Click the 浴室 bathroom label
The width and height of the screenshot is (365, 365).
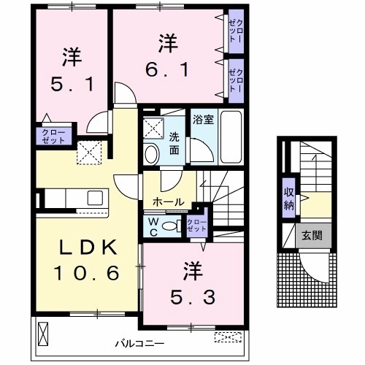[203, 117]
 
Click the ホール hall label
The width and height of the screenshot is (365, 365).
[167, 201]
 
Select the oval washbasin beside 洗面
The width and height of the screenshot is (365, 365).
[151, 153]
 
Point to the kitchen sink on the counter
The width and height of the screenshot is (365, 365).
[95, 198]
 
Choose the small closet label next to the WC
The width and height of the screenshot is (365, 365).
[196, 225]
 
